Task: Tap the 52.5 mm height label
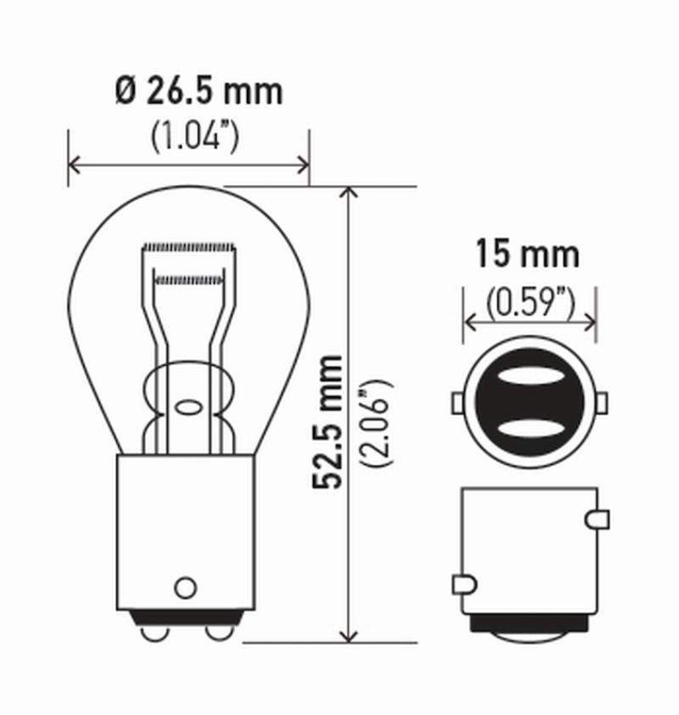(x=328, y=422)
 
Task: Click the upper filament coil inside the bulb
(x=188, y=247)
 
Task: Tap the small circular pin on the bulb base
(x=185, y=586)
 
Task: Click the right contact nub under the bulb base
(x=217, y=633)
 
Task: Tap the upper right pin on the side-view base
(x=600, y=517)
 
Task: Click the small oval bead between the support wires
(x=188, y=406)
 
